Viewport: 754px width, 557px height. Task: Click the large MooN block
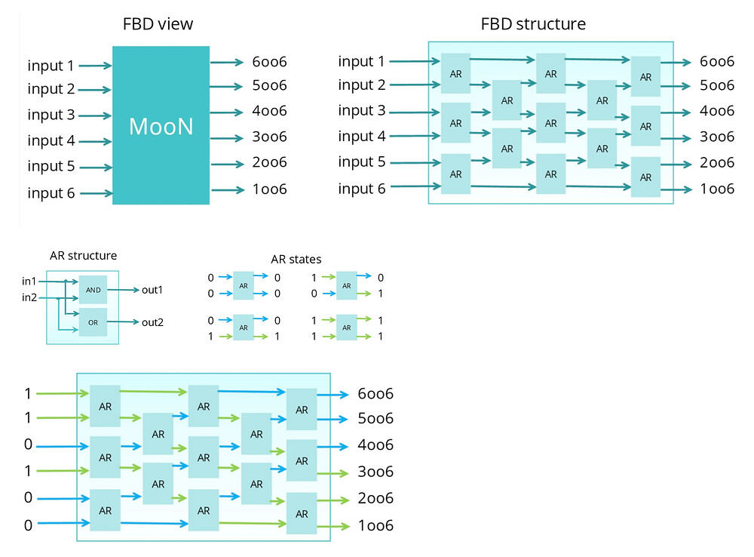[x=161, y=125]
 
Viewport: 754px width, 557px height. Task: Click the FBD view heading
[x=158, y=24]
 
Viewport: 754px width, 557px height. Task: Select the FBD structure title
[x=533, y=24]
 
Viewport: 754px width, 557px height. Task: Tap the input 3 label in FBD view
[x=51, y=115]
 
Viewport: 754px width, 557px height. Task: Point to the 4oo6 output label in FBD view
[x=269, y=112]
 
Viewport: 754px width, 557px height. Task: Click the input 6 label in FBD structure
[x=361, y=188]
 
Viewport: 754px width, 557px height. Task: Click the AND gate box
[x=93, y=290]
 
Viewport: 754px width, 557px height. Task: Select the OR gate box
[x=93, y=322]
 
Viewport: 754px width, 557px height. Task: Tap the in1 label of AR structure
[x=29, y=282]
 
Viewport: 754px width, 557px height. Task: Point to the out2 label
[x=152, y=322]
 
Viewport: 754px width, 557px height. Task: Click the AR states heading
[x=296, y=259]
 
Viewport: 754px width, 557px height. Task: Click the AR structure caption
[x=83, y=256]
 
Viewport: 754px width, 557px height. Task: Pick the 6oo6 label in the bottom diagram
[x=375, y=394]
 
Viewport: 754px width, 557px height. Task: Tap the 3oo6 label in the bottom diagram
[x=375, y=472]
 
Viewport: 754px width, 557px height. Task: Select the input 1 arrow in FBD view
[x=95, y=66]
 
